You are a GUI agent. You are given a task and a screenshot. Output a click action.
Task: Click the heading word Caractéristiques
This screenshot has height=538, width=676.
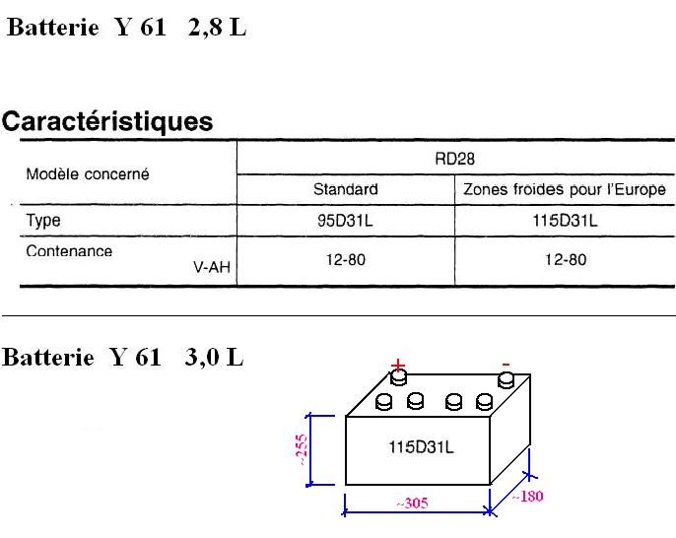point(107,121)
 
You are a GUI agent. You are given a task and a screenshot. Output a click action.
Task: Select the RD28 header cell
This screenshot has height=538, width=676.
point(455,159)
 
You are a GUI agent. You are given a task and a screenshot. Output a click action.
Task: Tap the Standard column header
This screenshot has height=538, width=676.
point(345,189)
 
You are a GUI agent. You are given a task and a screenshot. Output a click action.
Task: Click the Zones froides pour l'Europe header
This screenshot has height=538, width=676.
point(565,189)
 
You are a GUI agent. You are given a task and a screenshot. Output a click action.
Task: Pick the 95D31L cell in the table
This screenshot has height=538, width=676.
point(345,221)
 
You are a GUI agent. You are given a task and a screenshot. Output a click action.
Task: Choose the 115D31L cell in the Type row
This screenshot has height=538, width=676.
point(565,221)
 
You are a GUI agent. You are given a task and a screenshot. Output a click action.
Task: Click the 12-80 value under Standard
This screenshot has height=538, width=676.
point(346,259)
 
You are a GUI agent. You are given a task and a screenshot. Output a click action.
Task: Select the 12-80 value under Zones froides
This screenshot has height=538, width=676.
point(566,259)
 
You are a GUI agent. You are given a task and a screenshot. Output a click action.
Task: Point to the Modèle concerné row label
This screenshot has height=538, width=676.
point(88,174)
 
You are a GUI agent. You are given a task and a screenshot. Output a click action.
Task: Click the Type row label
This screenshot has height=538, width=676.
point(43,221)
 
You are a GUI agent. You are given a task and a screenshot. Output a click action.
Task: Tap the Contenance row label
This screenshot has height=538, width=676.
point(69,251)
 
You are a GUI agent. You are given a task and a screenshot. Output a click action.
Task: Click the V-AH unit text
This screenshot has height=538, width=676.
point(212,267)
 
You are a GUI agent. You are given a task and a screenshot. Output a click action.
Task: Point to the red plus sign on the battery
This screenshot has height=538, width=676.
point(398,366)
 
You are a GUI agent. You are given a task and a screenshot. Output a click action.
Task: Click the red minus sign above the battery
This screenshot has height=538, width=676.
point(506,366)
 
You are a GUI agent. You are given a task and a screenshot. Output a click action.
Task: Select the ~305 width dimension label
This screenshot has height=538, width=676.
point(412,504)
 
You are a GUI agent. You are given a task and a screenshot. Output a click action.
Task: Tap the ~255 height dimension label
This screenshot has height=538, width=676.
point(302,450)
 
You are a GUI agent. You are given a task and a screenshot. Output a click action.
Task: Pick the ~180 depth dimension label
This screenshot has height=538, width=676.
point(527,497)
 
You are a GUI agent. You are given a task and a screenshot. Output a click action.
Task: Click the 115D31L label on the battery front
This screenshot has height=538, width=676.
point(421,447)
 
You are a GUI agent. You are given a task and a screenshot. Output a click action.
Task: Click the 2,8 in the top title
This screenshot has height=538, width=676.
point(205,28)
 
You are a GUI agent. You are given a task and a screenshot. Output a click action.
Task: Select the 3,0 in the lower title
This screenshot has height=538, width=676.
point(202,358)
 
